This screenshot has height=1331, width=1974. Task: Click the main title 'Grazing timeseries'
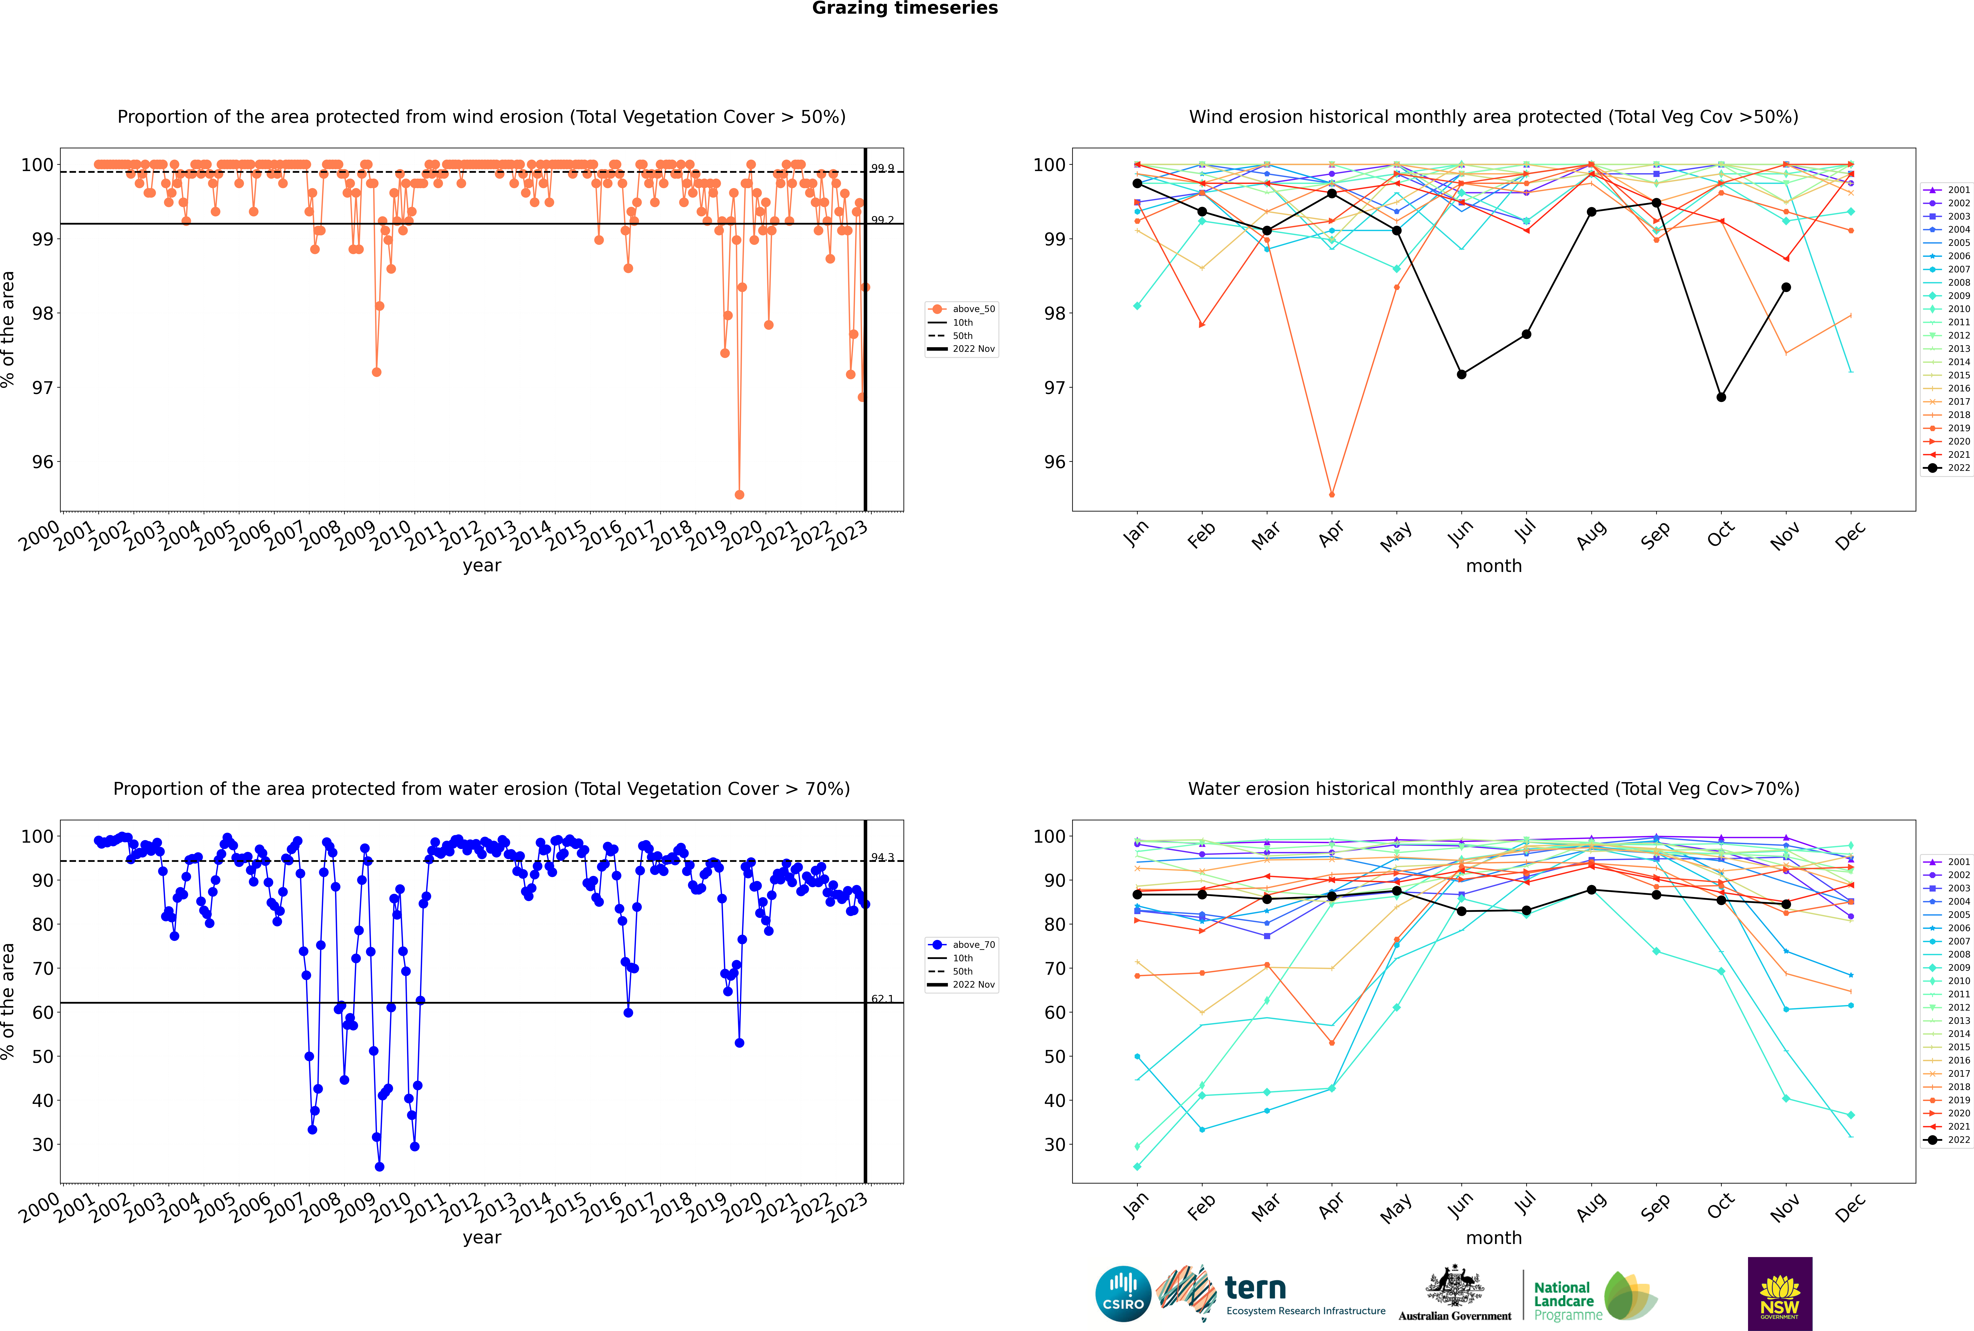click(x=905, y=8)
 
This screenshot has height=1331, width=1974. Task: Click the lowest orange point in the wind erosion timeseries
click(x=739, y=494)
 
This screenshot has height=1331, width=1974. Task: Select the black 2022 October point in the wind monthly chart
click(x=1721, y=397)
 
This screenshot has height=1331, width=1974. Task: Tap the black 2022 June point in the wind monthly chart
click(x=1461, y=374)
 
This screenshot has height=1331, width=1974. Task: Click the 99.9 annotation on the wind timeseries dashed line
click(x=882, y=168)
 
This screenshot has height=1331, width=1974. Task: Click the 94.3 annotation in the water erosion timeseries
click(x=882, y=857)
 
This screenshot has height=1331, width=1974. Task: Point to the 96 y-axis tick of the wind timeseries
click(x=42, y=462)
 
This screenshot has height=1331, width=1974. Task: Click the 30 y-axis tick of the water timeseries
click(x=42, y=1144)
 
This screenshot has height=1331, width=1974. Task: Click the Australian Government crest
click(x=1455, y=1289)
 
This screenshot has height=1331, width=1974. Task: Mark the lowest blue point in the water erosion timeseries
click(x=379, y=1166)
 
